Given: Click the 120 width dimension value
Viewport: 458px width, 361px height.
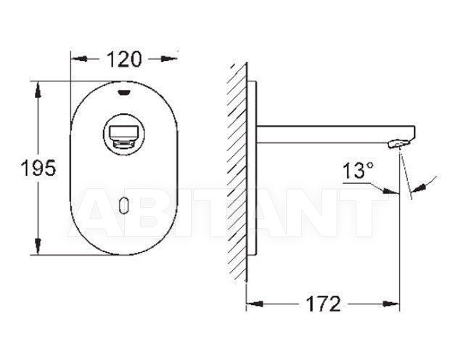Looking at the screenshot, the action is pyautogui.click(x=124, y=60).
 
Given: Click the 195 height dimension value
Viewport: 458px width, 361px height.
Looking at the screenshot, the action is pyautogui.click(x=38, y=168).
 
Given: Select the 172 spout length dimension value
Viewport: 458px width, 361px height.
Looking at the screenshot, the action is pyautogui.click(x=323, y=304).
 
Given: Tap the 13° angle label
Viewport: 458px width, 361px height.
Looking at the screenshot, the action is pyautogui.click(x=358, y=171).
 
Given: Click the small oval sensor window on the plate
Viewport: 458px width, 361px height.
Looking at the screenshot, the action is pyautogui.click(x=124, y=206).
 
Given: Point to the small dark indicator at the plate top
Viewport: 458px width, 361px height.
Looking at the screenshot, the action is pyautogui.click(x=124, y=93).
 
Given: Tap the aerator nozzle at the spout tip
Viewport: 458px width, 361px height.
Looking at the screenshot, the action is pyautogui.click(x=398, y=144).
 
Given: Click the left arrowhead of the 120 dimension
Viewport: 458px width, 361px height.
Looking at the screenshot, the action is pyautogui.click(x=79, y=59).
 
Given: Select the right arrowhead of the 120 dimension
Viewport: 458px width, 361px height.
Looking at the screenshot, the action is pyautogui.click(x=169, y=59).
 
